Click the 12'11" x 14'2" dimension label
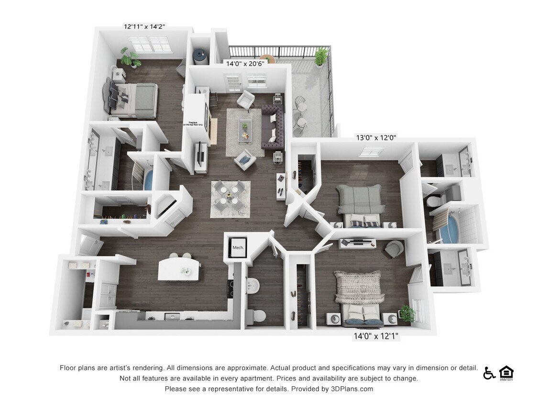point(144,27)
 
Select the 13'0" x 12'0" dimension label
point(376,138)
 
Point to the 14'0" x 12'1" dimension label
point(375,337)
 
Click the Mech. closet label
point(238,247)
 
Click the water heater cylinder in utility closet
point(200,56)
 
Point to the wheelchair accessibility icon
point(489,373)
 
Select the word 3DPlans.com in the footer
point(351,389)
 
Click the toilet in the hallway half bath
point(259,315)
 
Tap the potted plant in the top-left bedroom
point(130,57)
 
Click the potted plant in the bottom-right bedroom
point(407,314)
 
